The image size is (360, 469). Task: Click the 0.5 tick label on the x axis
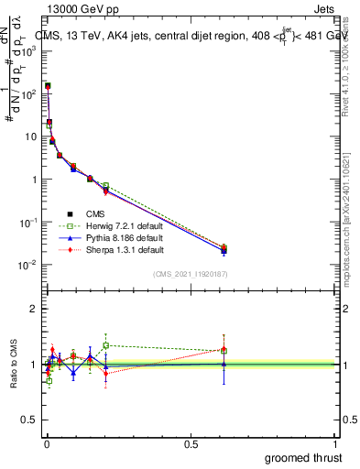(191, 444)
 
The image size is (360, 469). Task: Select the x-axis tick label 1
(335, 444)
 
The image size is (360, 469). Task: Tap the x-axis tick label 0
(46, 444)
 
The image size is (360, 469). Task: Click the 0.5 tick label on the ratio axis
(31, 420)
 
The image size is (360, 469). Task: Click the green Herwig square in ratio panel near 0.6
(224, 350)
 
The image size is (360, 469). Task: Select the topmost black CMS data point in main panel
(48, 86)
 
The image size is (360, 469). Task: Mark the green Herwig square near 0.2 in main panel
(106, 186)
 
